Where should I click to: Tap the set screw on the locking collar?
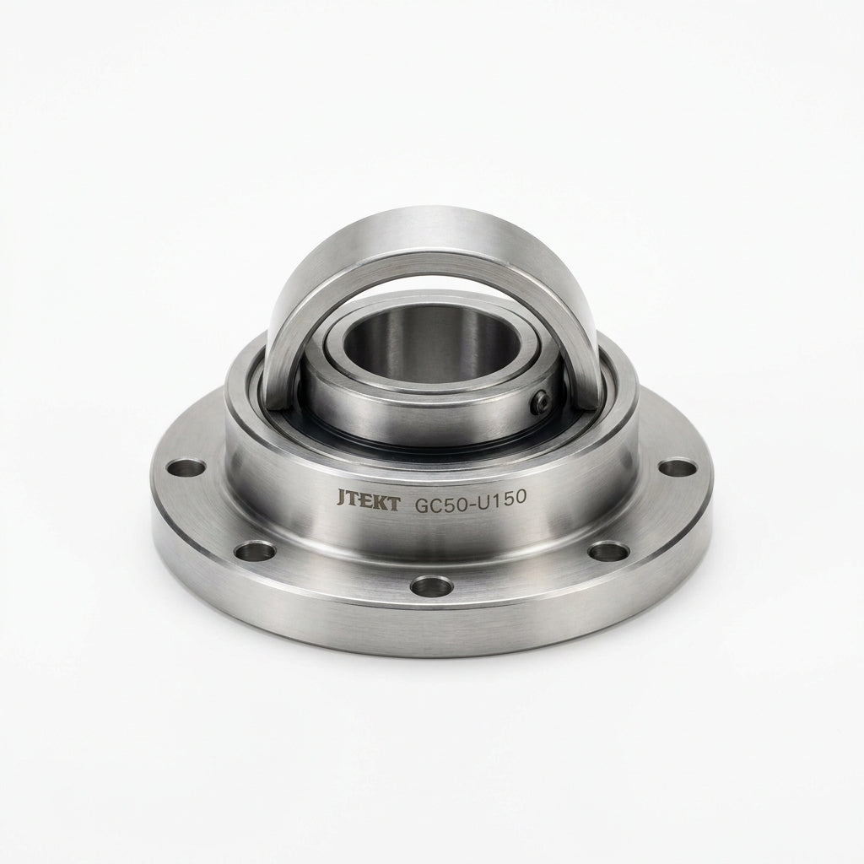coord(541,403)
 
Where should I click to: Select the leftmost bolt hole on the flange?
coord(186,469)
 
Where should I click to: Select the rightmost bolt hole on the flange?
coord(678,468)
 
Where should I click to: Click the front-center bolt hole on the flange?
coord(432,586)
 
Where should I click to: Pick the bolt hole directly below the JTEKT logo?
coord(255,551)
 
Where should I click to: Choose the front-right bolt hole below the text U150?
coord(608,551)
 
